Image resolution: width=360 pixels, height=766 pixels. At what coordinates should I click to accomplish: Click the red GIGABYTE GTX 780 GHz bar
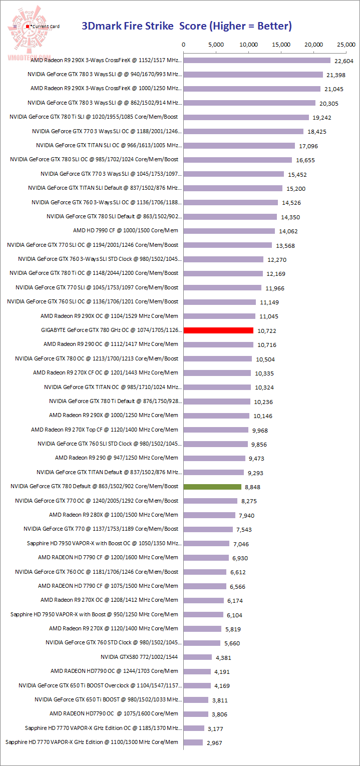coord(218,330)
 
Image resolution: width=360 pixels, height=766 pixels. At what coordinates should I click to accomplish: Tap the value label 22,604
coord(343,61)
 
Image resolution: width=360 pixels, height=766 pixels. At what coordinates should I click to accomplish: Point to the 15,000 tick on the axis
coord(281,45)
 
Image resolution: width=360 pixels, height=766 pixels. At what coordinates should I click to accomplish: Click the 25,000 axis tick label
coord(346,45)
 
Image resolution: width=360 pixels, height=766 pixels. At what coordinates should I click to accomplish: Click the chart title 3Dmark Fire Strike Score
coord(186,26)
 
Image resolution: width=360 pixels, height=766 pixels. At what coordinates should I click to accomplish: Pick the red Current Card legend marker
coord(28,26)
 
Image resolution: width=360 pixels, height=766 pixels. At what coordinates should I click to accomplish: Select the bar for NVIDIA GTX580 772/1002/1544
coord(198,657)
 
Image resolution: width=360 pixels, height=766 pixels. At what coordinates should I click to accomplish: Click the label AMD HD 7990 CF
coord(126,231)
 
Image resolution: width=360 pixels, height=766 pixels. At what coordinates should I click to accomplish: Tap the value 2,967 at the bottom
coord(214,743)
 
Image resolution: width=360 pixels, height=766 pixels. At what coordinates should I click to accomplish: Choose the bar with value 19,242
coord(246,117)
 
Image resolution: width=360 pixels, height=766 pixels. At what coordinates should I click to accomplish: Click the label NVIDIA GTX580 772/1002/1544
coord(139,657)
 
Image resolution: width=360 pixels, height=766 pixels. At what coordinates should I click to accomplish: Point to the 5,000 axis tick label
coord(216,45)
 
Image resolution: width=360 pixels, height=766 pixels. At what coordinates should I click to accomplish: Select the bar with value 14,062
coord(229,231)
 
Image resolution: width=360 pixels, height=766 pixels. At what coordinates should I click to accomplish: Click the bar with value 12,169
coord(223,273)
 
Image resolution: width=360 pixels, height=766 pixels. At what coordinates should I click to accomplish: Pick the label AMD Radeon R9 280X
coord(114,515)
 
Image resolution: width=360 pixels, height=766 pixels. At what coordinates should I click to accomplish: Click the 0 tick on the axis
coord(184,45)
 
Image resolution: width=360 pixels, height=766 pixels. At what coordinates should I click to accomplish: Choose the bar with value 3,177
coord(194,728)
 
